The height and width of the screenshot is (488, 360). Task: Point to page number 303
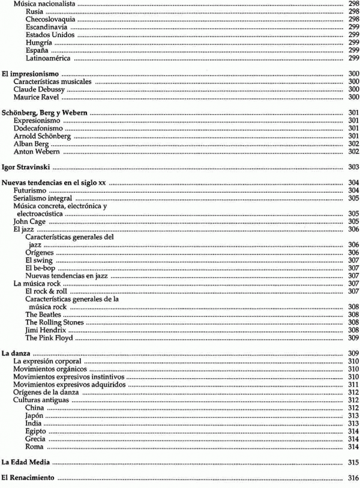tap(353, 166)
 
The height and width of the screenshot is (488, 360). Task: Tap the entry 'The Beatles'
tap(42, 315)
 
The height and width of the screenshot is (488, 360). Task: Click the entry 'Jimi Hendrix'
tap(43, 330)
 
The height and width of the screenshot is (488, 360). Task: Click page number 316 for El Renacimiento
tap(353, 478)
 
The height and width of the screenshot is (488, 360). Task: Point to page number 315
tap(353, 462)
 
